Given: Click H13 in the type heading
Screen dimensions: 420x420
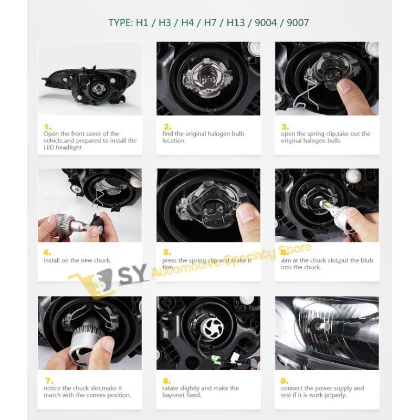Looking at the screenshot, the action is tap(236, 23).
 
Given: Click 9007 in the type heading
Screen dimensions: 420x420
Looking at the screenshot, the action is tap(298, 23).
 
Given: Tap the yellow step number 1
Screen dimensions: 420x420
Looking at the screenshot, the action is tap(48, 127).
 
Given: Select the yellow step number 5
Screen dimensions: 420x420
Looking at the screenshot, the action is tap(167, 253).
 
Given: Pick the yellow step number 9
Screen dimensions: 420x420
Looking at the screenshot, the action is tap(285, 381).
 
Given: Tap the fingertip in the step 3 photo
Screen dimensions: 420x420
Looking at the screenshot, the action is tap(345, 86).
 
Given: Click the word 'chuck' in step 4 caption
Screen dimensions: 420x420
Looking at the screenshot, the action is tap(102, 260).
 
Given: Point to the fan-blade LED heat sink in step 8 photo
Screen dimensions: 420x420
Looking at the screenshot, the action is tap(213, 328).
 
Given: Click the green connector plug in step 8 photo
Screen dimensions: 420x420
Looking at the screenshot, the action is tap(216, 360).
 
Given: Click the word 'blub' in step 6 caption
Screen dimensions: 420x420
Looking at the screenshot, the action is tap(366, 260).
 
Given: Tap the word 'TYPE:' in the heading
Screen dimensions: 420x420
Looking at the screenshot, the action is tap(121, 23).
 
